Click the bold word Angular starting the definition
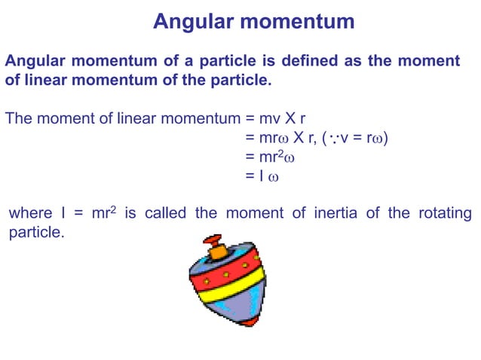[36, 60]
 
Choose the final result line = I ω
[262, 176]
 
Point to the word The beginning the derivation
[18, 118]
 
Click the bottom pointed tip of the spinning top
[246, 322]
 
